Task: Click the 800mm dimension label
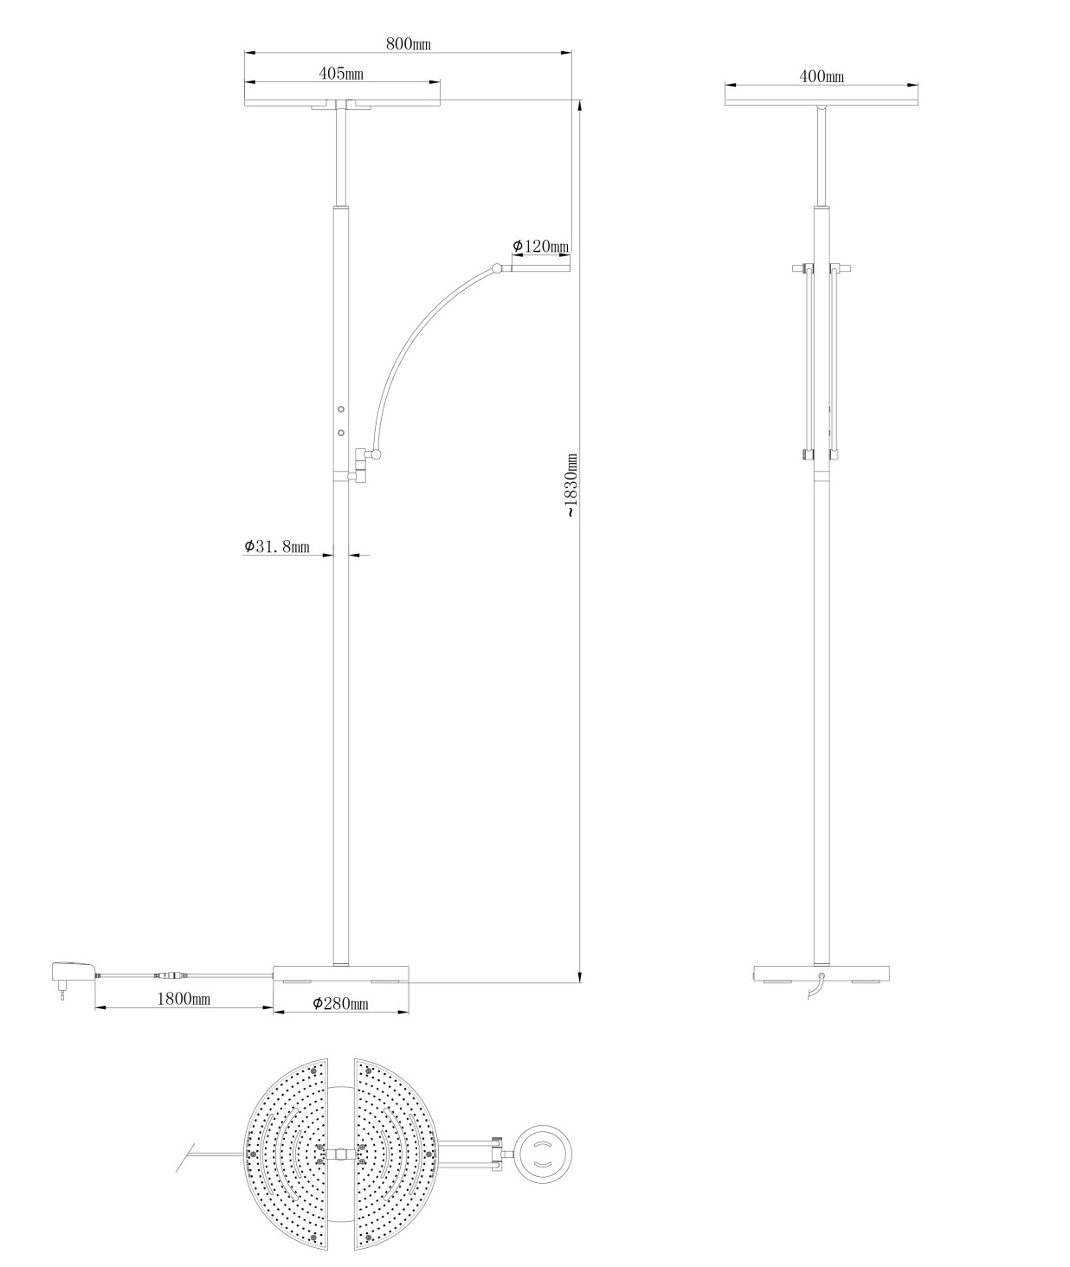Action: pyautogui.click(x=408, y=44)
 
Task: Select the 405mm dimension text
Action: pyautogui.click(x=341, y=74)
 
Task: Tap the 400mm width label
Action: pyautogui.click(x=822, y=76)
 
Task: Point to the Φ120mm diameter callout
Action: pyautogui.click(x=540, y=246)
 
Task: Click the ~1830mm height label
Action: pyautogui.click(x=571, y=485)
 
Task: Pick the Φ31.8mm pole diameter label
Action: pyautogui.click(x=277, y=547)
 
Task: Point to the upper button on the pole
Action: pyautogui.click(x=341, y=409)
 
